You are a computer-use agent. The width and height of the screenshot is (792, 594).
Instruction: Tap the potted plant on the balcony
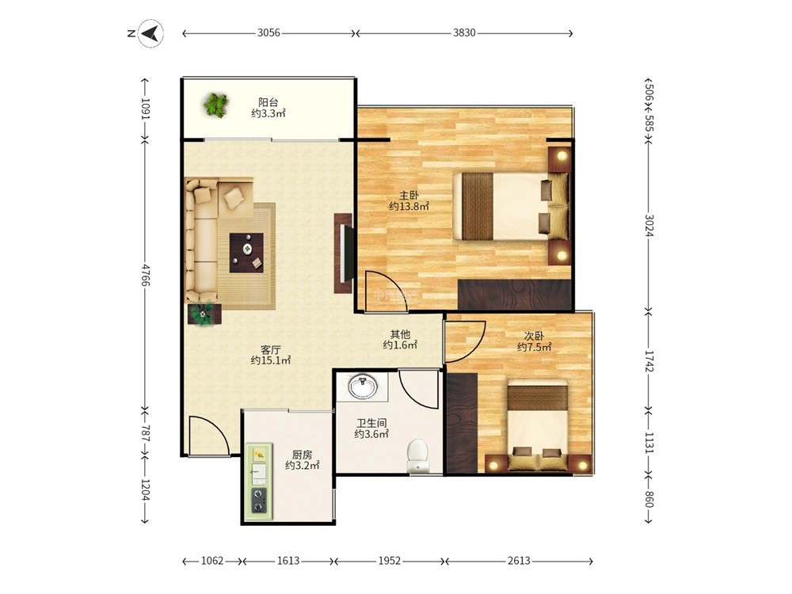pos(216,105)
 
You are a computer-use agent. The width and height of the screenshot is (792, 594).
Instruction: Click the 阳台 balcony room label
pos(268,102)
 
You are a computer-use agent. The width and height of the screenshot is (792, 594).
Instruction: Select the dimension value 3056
pos(268,32)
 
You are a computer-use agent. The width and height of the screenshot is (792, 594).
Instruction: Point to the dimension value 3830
pos(463,32)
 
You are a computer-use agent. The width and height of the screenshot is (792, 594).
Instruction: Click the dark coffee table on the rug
pos(246,253)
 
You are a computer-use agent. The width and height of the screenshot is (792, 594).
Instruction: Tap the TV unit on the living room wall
pos(344,253)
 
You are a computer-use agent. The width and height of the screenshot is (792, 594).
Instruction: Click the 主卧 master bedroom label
pos(409,196)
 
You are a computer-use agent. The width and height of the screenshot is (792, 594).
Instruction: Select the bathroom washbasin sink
pos(362,387)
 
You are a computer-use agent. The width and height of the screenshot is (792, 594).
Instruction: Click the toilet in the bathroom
pos(417,455)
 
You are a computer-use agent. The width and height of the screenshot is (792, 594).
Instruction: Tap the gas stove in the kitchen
pos(259,500)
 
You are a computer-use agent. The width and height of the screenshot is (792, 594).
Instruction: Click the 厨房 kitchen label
pos(302,455)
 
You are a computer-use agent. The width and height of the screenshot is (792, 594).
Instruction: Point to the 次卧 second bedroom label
pos(534,336)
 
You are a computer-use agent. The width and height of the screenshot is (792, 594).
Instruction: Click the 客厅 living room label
pos(271,349)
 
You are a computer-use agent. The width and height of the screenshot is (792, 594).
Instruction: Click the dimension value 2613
pos(519,561)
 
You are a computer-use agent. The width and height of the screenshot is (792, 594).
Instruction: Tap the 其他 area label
pos(400,334)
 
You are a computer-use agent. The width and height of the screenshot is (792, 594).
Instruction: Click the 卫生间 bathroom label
pos(371,423)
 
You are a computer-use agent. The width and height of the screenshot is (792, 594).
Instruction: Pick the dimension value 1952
pos(390,561)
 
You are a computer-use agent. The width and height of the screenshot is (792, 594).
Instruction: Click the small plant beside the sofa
pos(204,314)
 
